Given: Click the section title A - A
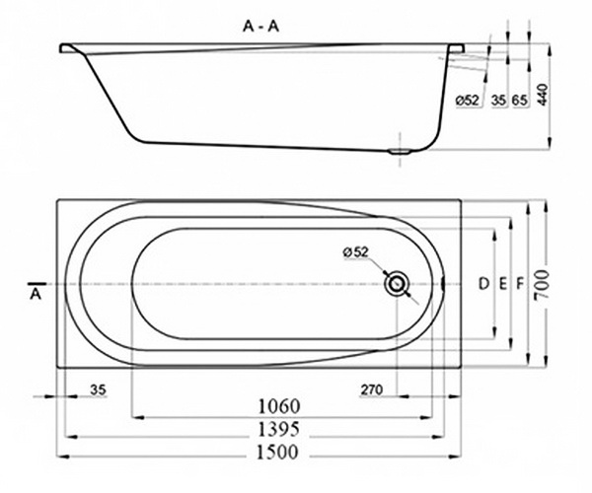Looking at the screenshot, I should pyautogui.click(x=261, y=29).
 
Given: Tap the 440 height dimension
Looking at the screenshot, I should pyautogui.click(x=541, y=97).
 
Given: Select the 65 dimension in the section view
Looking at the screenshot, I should pyautogui.click(x=518, y=100).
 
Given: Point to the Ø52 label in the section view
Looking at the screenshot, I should pyautogui.click(x=468, y=100).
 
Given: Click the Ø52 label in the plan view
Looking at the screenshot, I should pyautogui.click(x=356, y=252).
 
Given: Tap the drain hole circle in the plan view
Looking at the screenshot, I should pyautogui.click(x=397, y=284).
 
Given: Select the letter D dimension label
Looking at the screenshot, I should pyautogui.click(x=483, y=284).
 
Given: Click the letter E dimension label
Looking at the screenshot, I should pyautogui.click(x=502, y=284).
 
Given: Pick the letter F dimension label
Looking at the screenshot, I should pyautogui.click(x=519, y=284).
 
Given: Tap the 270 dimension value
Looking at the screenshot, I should pyautogui.click(x=371, y=389).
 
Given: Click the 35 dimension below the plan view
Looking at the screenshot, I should pyautogui.click(x=98, y=389).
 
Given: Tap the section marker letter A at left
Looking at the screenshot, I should pyautogui.click(x=36, y=293).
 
